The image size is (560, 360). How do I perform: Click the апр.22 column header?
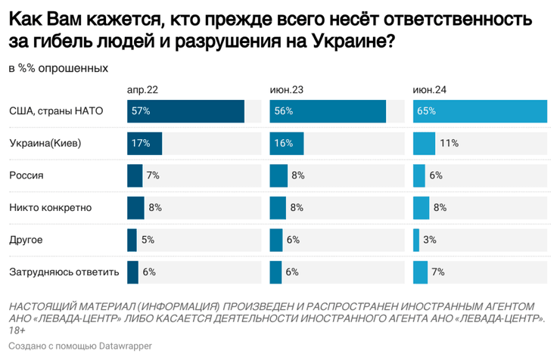pos(142,90)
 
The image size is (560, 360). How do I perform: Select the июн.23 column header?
pos(287,90)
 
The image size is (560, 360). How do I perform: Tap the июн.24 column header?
pos(429,90)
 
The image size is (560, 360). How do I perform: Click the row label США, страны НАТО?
pos(55,111)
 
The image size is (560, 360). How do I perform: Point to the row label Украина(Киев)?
pos(45,143)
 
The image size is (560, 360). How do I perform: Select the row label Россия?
pos(26,175)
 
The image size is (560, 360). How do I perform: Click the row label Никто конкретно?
pos(50,207)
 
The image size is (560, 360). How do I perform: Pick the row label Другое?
pos(25,240)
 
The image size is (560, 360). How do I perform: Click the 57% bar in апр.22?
pos(185,111)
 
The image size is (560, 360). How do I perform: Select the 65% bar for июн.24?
pos(480,111)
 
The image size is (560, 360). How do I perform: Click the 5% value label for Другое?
pos(148,240)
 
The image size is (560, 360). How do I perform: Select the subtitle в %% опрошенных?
pos(58,68)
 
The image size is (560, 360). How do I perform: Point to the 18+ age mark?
pos(17,330)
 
